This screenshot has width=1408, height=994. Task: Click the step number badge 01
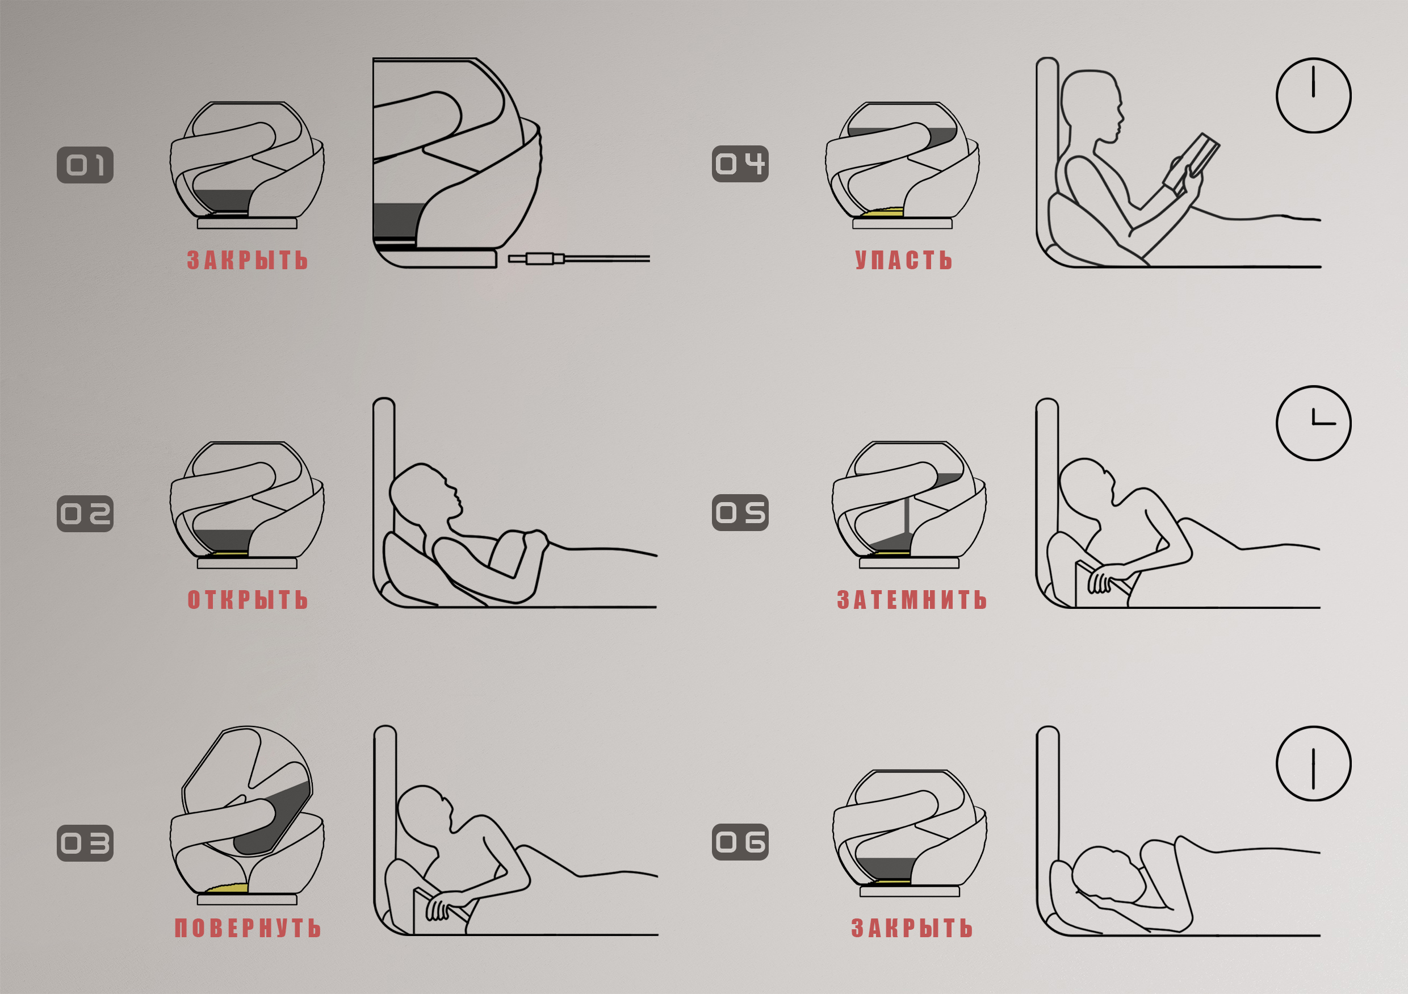pos(85,165)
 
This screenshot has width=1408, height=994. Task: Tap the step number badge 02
pos(85,513)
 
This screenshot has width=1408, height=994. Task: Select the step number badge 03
pos(85,843)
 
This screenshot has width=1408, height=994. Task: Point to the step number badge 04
pos(740,164)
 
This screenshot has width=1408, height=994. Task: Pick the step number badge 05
pos(740,512)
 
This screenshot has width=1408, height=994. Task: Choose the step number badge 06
pos(740,842)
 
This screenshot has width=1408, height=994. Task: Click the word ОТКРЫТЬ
pos(248,600)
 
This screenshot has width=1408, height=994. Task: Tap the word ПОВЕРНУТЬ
pos(248,928)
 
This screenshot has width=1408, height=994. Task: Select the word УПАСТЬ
pos(904,260)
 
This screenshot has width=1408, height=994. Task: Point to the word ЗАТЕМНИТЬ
pos(912,600)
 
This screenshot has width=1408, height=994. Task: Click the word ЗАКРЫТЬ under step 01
pos(248,260)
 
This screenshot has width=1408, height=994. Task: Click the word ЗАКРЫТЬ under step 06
pos(912,928)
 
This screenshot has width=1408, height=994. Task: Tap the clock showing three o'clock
pos(1314,423)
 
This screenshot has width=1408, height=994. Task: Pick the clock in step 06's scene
pos(1314,763)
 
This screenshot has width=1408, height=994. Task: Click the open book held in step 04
pos(1191,161)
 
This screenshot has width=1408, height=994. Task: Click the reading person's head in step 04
pos(1092,107)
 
